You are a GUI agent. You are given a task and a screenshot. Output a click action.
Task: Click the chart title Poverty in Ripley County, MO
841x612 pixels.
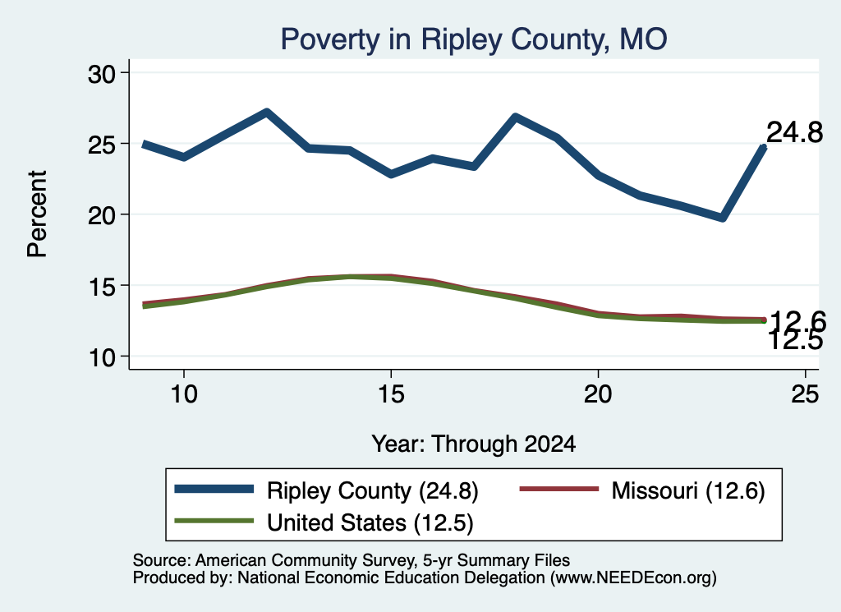pos(474,39)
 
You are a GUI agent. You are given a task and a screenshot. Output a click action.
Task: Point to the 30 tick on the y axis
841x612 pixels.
pos(101,74)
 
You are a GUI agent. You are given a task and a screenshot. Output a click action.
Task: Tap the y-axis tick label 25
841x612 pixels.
pos(101,145)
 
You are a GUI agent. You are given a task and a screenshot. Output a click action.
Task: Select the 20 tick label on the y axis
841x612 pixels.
pos(101,215)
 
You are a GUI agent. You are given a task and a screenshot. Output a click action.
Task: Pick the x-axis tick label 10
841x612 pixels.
pos(184,394)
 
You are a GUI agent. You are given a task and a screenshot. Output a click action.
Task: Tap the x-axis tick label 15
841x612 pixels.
pos(391,394)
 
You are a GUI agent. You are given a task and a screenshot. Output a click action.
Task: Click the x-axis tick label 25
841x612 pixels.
pos(805,394)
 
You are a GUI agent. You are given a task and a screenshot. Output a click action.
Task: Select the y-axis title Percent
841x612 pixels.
pos(38,214)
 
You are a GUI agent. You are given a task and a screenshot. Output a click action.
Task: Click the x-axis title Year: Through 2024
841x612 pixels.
pos(474,444)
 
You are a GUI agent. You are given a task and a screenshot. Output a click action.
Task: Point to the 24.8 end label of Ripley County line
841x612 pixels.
pos(794,132)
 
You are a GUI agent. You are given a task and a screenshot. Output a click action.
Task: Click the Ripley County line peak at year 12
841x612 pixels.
pos(267,112)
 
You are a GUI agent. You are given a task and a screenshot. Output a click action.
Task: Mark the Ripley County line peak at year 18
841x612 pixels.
pos(516,117)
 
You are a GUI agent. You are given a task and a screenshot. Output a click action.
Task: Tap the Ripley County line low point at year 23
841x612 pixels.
pos(723,217)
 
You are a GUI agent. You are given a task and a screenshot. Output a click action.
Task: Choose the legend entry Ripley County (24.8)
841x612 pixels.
pos(327,490)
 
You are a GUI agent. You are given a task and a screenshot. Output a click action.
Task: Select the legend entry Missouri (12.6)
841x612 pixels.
pos(642,490)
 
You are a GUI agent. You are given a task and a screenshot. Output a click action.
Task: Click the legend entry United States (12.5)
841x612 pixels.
pos(324,522)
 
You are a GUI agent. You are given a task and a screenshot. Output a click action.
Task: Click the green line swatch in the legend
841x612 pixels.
pos(214,521)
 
